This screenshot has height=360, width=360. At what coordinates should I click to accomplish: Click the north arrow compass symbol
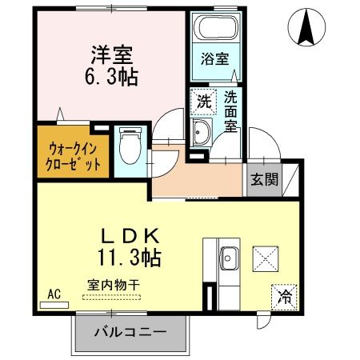(x=305, y=27)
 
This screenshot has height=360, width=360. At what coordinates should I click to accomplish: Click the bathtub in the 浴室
(x=215, y=31)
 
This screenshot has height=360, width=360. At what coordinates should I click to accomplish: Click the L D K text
(x=132, y=237)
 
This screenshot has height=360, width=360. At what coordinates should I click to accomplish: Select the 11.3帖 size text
(x=130, y=258)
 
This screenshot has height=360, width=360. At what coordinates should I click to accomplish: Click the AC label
(x=54, y=293)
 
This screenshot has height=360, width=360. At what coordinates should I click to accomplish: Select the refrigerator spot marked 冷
(x=284, y=295)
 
